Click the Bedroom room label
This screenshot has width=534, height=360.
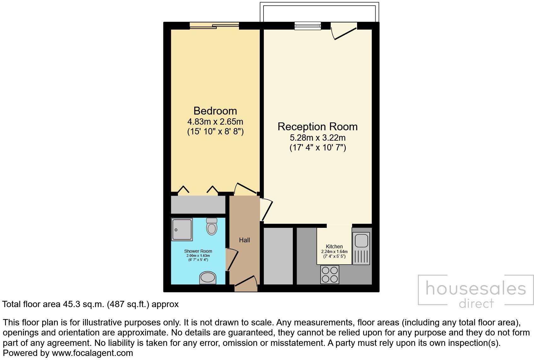click(x=215, y=111)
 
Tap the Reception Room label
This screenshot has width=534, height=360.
click(x=317, y=127)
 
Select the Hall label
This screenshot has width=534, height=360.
click(x=244, y=240)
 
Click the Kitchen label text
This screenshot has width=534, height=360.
click(x=334, y=246)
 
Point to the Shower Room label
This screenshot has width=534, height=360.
click(x=198, y=251)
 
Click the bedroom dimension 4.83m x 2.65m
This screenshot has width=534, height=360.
click(x=215, y=121)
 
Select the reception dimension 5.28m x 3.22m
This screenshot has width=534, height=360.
click(x=317, y=138)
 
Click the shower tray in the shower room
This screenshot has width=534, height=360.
click(x=182, y=230)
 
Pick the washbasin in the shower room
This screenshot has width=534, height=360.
click(x=207, y=278)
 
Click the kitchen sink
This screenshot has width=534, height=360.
click(x=361, y=241)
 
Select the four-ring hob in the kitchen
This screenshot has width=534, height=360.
click(x=330, y=274)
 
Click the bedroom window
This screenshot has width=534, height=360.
click(x=214, y=26)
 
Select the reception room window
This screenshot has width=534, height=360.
click(x=308, y=26)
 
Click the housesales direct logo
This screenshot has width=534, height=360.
click(x=476, y=290)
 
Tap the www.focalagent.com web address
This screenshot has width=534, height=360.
click(x=92, y=353)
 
